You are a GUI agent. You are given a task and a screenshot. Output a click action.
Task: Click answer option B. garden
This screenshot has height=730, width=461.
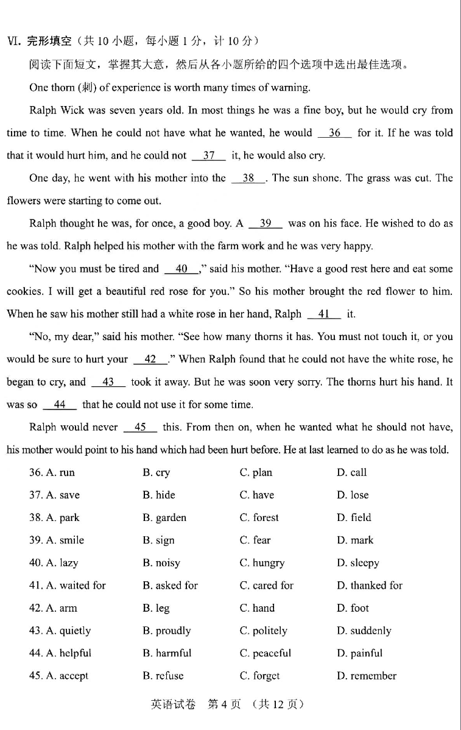point(164,517)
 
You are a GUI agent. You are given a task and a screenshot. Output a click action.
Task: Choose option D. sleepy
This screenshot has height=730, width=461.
point(357,562)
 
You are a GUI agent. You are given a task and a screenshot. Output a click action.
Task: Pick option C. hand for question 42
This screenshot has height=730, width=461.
point(257,608)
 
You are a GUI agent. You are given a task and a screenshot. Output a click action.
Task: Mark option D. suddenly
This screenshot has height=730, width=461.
point(364,630)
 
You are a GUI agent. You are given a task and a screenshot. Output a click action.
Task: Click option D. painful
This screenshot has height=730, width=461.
point(359,653)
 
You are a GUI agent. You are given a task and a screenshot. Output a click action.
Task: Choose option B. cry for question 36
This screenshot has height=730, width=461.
point(157,472)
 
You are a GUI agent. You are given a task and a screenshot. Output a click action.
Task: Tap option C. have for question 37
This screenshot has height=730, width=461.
point(256,495)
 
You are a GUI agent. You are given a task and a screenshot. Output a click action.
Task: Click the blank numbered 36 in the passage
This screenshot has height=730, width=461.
point(334,133)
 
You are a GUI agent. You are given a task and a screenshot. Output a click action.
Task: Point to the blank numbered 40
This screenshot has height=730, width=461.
point(181,269)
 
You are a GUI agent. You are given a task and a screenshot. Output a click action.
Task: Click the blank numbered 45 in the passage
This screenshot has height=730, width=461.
point(140,427)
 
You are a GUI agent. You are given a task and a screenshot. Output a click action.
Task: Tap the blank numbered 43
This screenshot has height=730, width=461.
point(108,382)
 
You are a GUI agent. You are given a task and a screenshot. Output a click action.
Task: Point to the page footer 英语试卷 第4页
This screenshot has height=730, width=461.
point(227,704)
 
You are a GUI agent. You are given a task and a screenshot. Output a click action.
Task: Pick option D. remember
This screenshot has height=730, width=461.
point(366,675)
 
